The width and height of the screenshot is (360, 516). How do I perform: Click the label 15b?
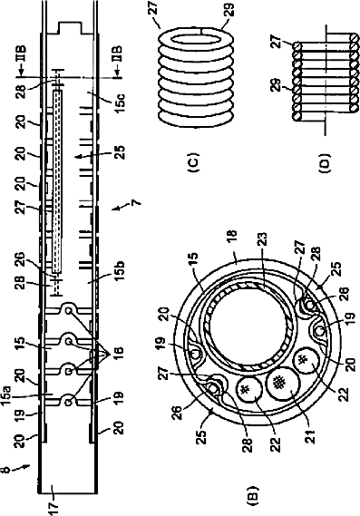point(120,270)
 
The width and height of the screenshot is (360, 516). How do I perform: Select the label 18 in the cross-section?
point(231,238)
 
